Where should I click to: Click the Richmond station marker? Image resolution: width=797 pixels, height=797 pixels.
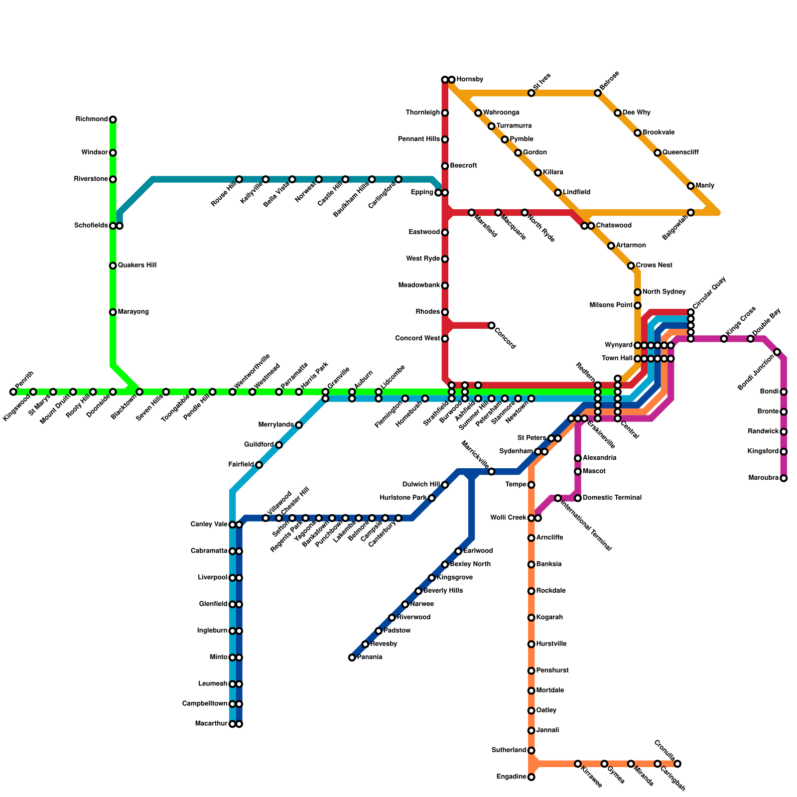tap(113, 120)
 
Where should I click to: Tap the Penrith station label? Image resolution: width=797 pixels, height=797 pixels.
tap(24, 381)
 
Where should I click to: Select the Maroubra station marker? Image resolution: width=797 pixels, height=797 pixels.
tap(784, 478)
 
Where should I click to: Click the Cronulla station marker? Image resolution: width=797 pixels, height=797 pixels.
tap(677, 764)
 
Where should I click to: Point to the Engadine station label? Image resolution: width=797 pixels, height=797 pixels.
tap(511, 777)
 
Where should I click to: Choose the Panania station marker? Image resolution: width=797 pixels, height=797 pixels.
tap(352, 658)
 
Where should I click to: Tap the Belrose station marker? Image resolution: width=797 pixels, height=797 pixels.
tap(598, 93)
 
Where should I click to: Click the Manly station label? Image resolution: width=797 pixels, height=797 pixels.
tap(705, 186)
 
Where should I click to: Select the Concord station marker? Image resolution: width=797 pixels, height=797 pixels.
tap(492, 325)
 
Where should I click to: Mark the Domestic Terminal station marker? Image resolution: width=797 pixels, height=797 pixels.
tap(578, 498)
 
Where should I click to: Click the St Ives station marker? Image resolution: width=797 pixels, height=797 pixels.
tap(531, 93)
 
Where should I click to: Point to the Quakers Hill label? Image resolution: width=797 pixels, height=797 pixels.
tap(137, 266)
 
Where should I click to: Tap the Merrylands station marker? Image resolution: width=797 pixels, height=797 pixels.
tap(299, 425)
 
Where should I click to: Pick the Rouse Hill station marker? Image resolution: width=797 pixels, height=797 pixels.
tap(239, 179)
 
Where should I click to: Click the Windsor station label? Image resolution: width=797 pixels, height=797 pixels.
tap(95, 152)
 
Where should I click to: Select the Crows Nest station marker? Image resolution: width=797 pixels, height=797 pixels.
tap(631, 266)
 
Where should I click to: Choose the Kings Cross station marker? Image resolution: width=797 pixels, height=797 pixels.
tap(724, 339)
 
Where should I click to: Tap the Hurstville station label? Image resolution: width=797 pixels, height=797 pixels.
tap(551, 644)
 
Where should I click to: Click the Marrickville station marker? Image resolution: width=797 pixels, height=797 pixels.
tap(492, 471)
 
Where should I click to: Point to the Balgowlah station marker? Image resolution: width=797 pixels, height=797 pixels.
tap(691, 213)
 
